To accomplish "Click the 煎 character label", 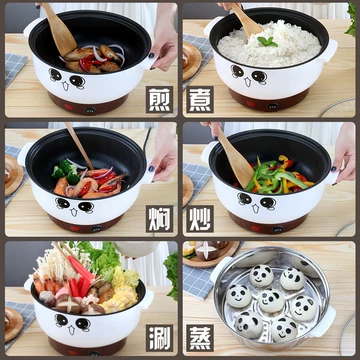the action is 159,100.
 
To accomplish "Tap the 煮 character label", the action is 200,100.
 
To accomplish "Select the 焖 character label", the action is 159,219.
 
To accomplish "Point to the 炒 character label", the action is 200,219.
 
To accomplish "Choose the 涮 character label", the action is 159,338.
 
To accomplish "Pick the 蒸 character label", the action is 200,338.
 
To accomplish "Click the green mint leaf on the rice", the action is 268,41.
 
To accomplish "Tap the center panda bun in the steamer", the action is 271,300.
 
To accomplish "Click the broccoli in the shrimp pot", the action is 65,171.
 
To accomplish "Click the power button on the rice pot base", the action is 272,107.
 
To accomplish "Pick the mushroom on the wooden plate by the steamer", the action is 206,250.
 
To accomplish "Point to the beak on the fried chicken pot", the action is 65,86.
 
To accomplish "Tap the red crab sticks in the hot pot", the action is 79,277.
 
